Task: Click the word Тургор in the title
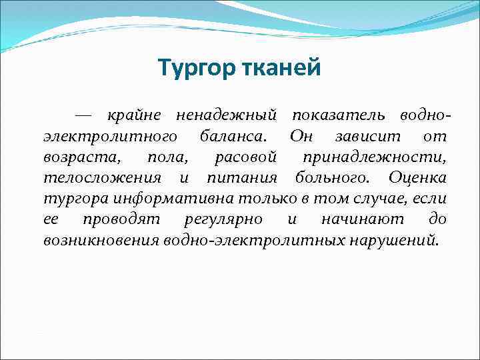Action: [x=194, y=68]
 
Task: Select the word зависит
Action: [x=365, y=137]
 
